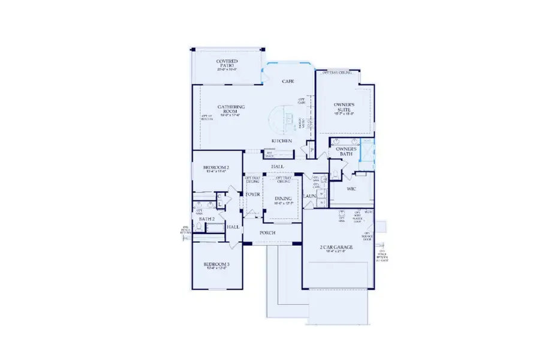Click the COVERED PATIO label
227,62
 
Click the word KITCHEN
282,141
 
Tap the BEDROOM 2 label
214,168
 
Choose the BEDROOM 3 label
216,265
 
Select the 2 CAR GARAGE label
335,247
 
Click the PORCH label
267,233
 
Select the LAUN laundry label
309,196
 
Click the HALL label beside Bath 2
233,227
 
